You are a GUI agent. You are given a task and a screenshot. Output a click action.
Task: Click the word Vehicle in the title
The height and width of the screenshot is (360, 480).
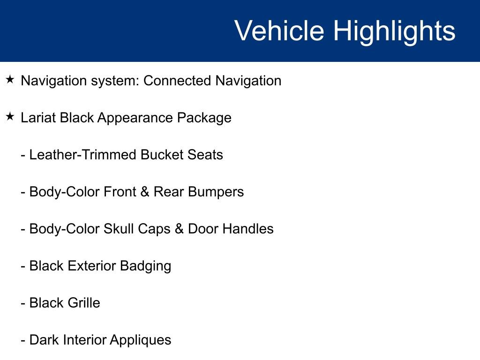(x=279, y=31)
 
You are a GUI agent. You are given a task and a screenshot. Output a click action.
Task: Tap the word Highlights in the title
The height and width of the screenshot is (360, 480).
(x=394, y=31)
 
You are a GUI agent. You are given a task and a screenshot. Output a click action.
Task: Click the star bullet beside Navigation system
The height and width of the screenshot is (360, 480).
(x=10, y=80)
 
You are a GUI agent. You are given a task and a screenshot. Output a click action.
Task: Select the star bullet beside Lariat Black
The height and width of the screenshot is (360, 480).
(x=10, y=117)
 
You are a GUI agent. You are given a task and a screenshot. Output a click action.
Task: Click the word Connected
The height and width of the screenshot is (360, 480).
(x=177, y=81)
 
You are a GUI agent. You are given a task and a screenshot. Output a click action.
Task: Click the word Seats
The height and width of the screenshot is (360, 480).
(x=206, y=155)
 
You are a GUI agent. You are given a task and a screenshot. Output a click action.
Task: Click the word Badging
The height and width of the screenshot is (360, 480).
(x=145, y=266)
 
